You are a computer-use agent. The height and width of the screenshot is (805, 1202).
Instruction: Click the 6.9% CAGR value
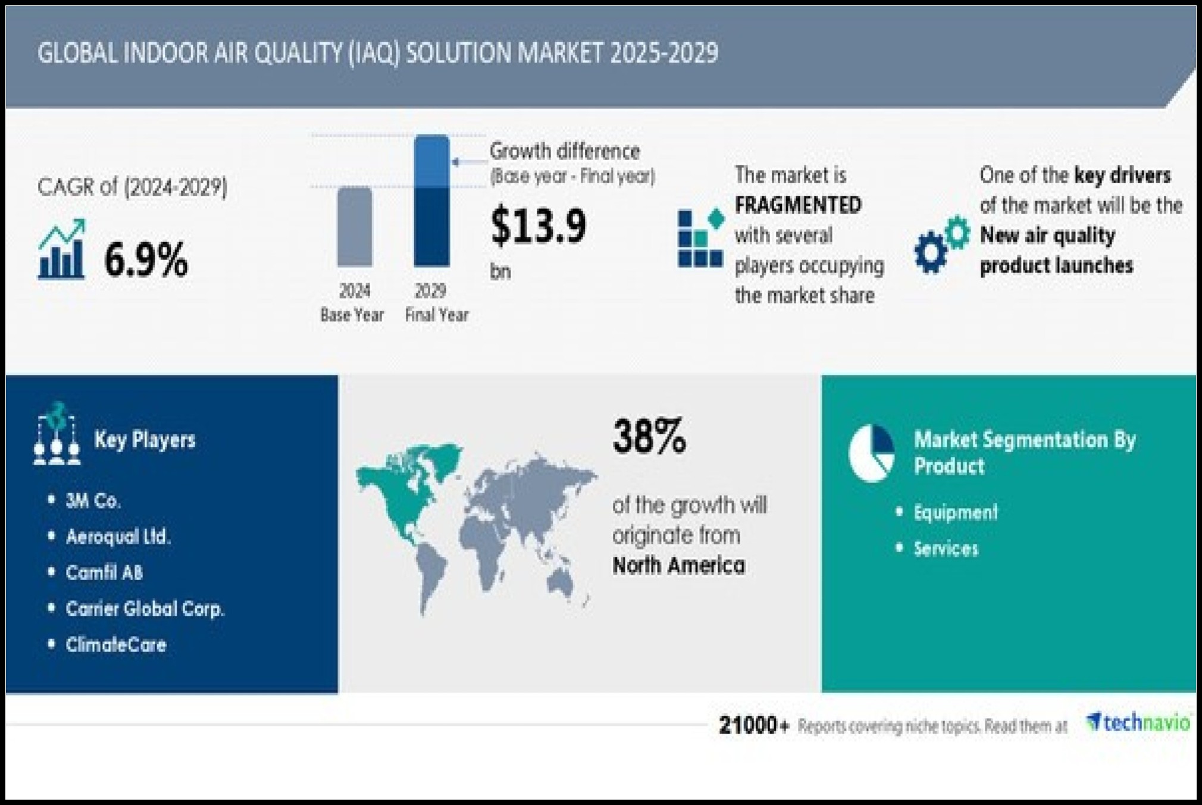point(146,260)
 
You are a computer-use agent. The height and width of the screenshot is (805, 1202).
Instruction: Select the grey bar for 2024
point(355,227)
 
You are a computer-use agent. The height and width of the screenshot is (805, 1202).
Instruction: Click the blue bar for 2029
point(431,201)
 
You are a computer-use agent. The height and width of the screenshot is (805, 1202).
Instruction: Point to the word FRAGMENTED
point(798,205)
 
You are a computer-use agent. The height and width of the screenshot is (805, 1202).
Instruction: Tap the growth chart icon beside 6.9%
point(61,249)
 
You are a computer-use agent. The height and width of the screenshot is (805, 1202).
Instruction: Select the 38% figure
point(649,436)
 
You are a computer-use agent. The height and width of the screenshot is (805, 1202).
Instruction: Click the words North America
point(679,565)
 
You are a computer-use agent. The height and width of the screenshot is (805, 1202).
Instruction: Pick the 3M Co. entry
point(93,501)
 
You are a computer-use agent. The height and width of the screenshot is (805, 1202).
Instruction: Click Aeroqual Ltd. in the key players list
point(118,537)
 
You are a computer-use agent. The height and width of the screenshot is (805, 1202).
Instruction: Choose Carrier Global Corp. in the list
point(145,609)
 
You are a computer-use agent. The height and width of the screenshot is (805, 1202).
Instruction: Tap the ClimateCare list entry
point(115,644)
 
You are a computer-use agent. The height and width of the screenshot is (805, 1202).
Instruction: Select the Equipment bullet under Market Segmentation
point(956,513)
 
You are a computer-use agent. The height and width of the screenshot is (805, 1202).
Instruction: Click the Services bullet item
point(946,549)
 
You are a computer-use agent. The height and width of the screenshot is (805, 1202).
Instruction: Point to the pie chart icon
point(871,453)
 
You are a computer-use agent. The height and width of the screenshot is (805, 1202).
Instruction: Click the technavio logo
point(1138,722)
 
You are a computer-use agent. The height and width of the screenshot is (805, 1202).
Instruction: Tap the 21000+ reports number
point(754,725)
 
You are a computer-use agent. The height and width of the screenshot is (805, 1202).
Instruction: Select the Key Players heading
point(145,440)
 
